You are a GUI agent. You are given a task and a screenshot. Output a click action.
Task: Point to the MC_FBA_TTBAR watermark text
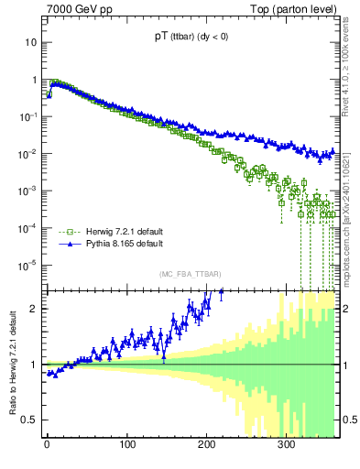pos(191,275)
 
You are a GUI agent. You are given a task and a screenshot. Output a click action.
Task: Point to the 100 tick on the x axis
pos(126,445)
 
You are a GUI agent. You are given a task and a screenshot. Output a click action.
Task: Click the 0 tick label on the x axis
pos(47,445)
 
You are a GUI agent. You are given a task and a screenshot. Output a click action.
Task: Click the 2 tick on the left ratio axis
pos(35,309)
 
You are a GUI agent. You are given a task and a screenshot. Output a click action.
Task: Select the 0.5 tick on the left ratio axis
pos(30,420)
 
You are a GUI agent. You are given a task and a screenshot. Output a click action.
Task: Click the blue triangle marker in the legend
pos(65,245)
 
